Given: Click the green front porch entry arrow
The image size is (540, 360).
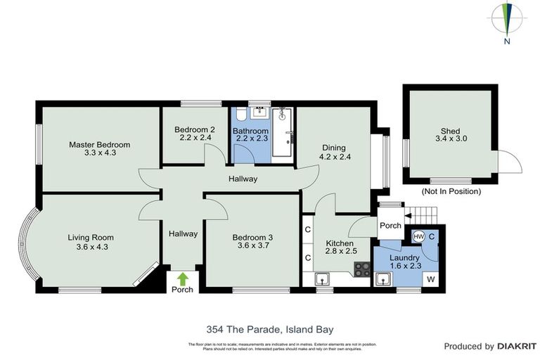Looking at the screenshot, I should click(183, 278).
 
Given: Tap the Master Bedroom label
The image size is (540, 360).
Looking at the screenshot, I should click(99, 145).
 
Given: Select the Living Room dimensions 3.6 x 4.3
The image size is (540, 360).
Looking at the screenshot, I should click(91, 247).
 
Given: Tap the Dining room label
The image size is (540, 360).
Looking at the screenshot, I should click(333, 148).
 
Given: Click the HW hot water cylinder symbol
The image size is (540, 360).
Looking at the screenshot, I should click(419, 237).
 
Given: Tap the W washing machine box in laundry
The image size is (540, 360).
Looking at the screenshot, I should click(430, 279).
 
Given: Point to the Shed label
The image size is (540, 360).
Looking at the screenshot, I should click(450, 131).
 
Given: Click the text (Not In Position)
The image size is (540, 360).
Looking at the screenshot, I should click(450, 191).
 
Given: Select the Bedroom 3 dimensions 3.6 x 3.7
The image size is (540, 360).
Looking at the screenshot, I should click(252, 247).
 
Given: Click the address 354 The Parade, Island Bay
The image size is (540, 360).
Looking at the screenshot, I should click(270, 328).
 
